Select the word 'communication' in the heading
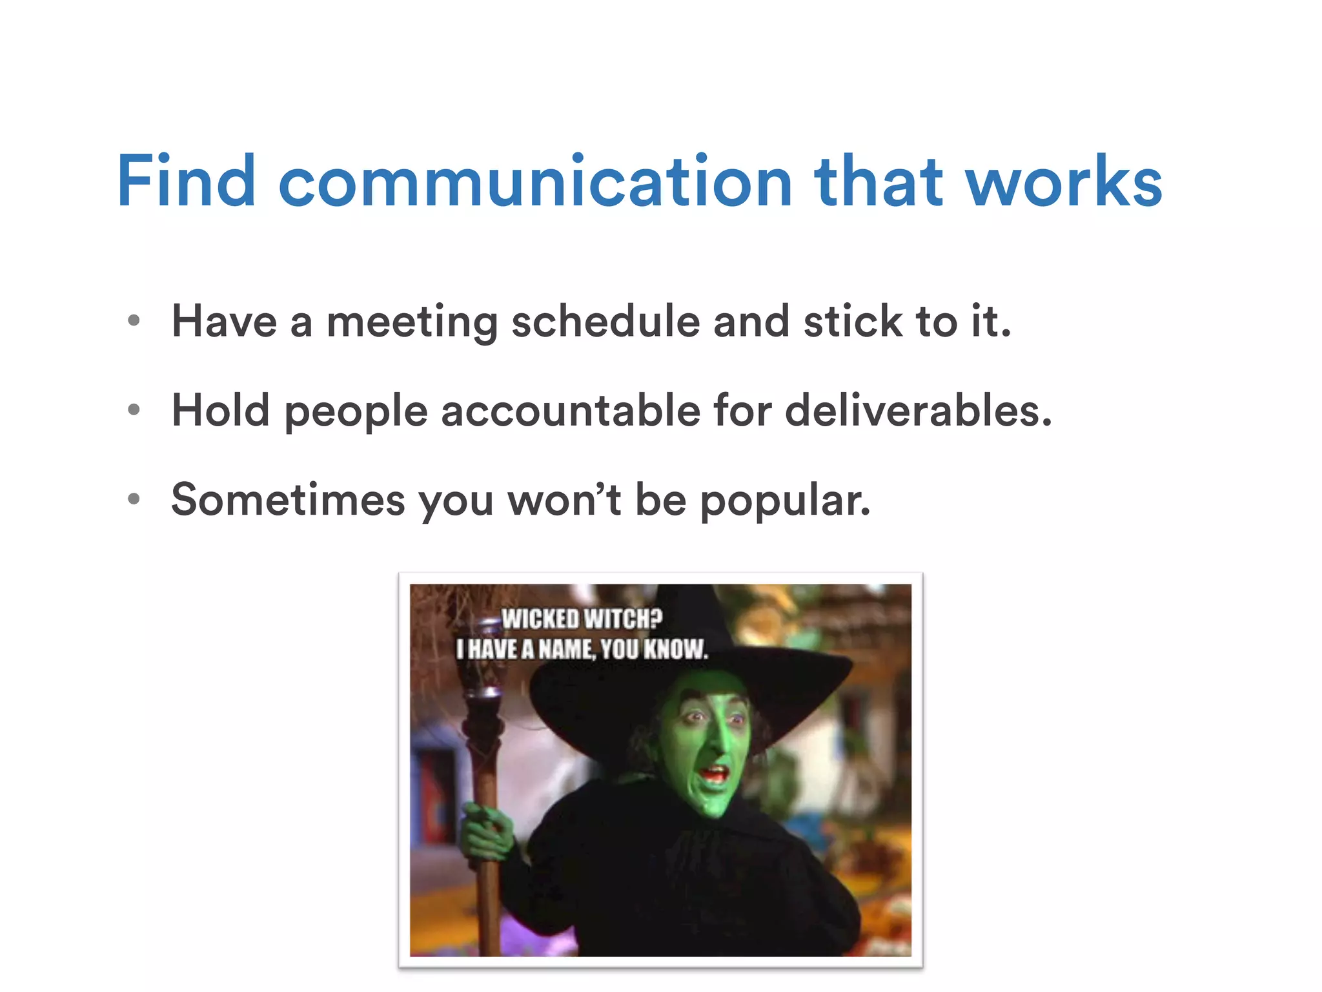coord(535,182)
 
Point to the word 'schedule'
coord(605,321)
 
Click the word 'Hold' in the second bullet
coord(220,410)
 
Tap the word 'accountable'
coord(571,411)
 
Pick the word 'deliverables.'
coord(918,410)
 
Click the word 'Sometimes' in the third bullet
coord(288,499)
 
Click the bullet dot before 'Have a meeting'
coord(134,320)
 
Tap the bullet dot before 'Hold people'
coord(134,409)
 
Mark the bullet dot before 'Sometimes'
coord(134,499)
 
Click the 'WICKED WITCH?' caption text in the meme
coord(582,619)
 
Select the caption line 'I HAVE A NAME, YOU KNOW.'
coord(582,648)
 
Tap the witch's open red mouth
coord(715,773)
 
